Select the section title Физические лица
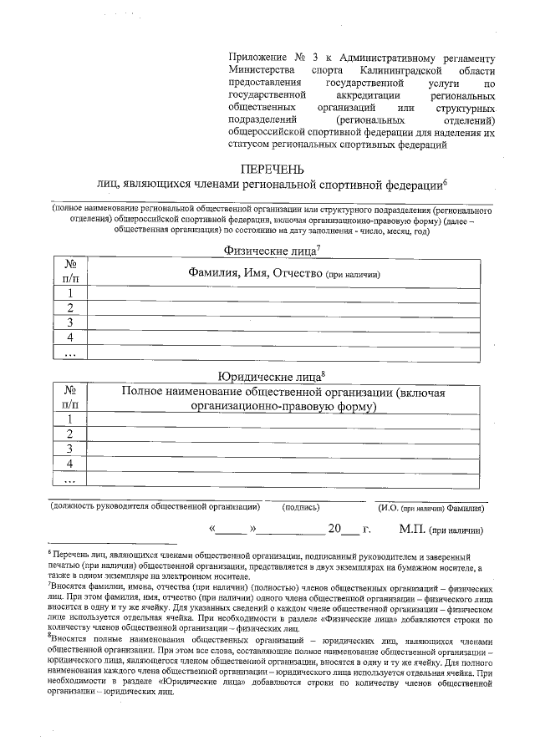(x=267, y=249)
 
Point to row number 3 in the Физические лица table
(x=71, y=323)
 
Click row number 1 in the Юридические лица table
(x=71, y=419)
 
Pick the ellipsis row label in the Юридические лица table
(x=71, y=479)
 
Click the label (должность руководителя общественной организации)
(x=155, y=507)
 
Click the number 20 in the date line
(x=335, y=530)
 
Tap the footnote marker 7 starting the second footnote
(x=50, y=586)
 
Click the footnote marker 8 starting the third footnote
(x=50, y=635)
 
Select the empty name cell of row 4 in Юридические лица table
(x=284, y=464)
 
